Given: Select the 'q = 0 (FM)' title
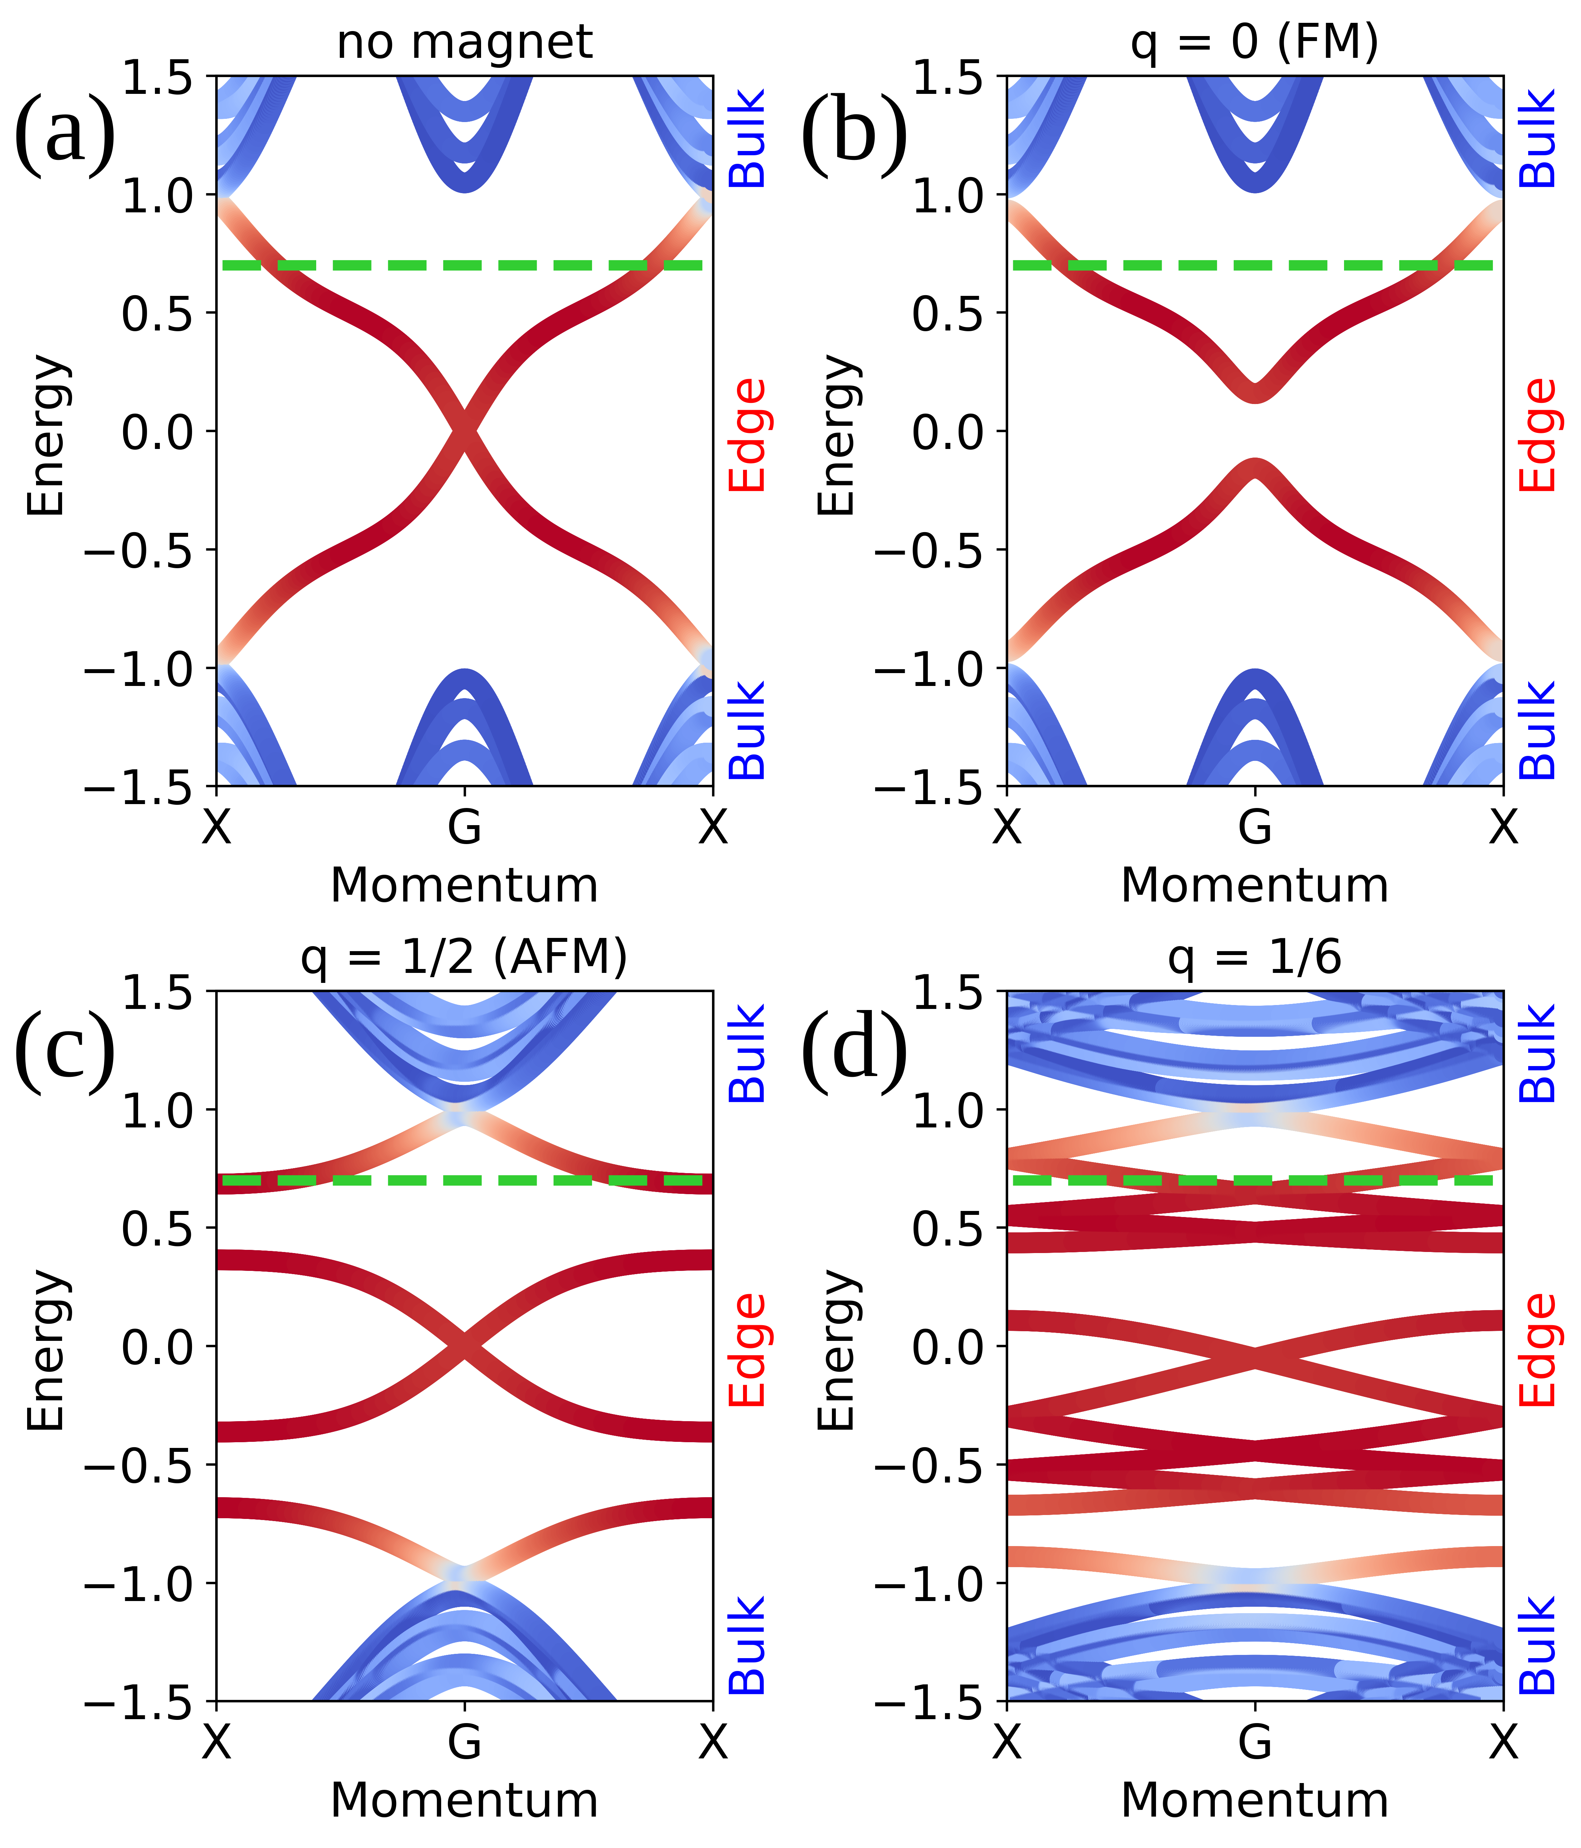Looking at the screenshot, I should [1255, 42].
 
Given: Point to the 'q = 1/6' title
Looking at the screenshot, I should [1255, 957].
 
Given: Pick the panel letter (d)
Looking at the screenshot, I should [854, 1049].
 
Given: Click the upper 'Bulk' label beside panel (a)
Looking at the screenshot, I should [747, 138].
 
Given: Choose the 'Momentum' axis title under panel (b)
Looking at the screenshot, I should [1255, 886].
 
